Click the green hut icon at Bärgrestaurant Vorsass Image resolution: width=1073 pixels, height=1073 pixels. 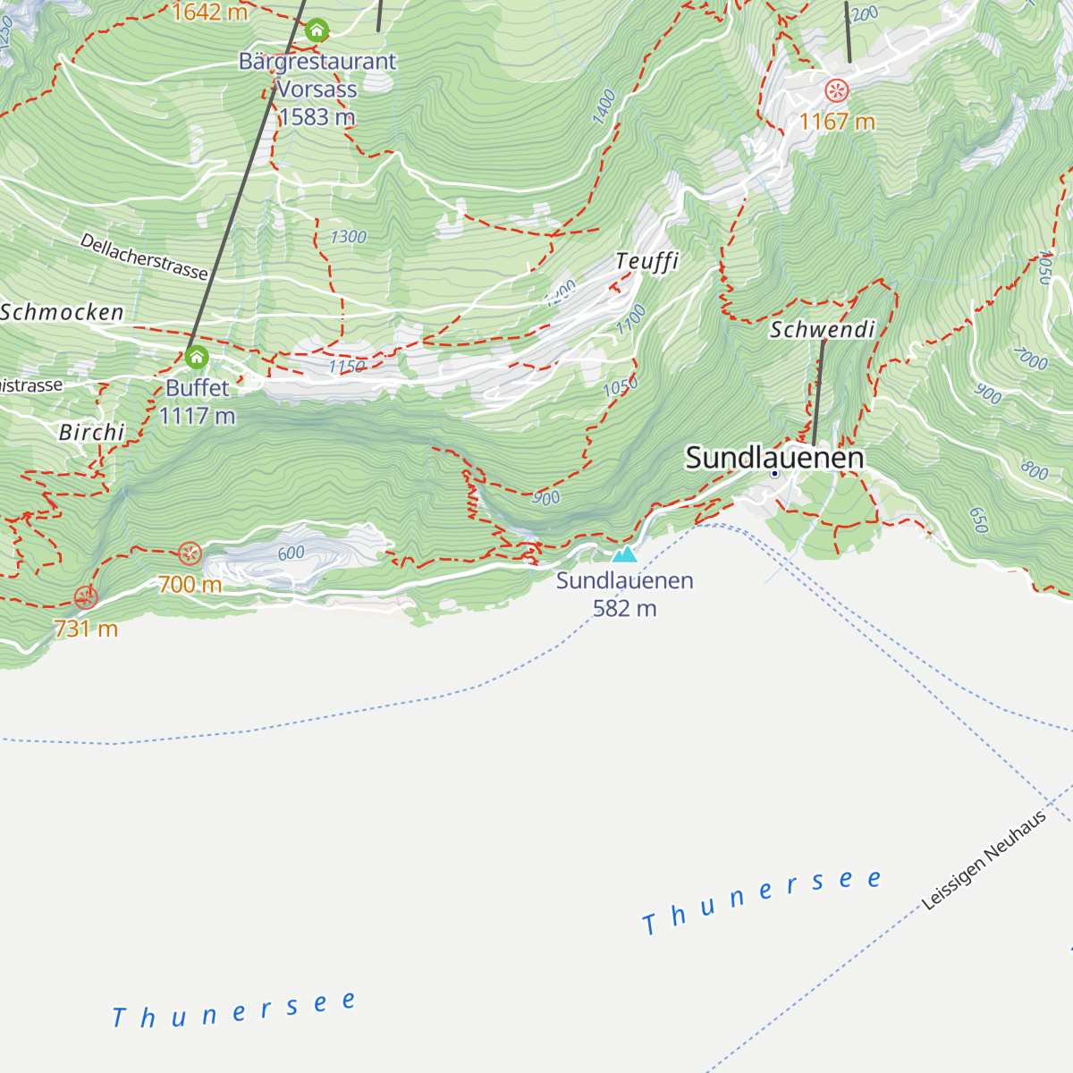click(x=317, y=31)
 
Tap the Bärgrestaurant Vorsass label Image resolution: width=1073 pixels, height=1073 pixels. click(x=317, y=89)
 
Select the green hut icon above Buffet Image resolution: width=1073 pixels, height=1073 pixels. click(x=197, y=359)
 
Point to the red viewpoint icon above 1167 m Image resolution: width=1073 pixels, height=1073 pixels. click(x=836, y=90)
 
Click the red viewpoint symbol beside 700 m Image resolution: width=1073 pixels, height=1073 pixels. click(x=190, y=553)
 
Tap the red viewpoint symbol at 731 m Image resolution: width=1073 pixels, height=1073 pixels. click(x=85, y=597)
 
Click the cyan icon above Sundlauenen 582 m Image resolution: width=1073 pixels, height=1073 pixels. click(x=624, y=554)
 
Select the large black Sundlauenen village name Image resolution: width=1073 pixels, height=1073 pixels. click(x=774, y=458)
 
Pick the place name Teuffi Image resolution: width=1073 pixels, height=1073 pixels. click(x=646, y=261)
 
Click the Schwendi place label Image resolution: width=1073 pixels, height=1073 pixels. click(x=822, y=329)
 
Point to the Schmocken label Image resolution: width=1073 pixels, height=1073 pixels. click(x=62, y=312)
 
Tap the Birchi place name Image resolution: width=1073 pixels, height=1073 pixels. click(x=91, y=432)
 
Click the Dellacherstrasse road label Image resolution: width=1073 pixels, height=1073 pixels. click(x=144, y=257)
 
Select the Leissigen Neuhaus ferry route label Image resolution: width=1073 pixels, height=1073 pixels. click(x=984, y=861)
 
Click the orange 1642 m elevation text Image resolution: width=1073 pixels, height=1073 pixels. click(x=209, y=13)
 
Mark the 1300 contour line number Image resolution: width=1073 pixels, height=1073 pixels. click(x=348, y=237)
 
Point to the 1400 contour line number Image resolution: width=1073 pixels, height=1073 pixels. click(x=604, y=106)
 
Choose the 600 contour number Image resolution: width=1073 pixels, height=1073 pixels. click(x=291, y=553)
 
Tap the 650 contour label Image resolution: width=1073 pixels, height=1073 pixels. click(x=977, y=520)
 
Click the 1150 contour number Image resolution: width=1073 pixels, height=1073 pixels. click(x=346, y=367)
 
